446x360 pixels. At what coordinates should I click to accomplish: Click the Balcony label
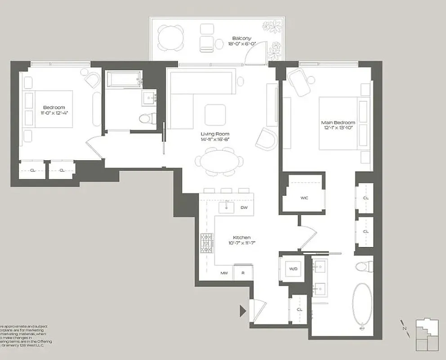coord(241,39)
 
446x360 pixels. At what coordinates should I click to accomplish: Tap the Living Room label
coord(215,134)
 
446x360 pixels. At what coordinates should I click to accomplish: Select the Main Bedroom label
coord(338,123)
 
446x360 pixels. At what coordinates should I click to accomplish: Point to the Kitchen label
coord(241,238)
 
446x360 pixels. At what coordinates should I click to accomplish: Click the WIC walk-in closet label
coord(304,198)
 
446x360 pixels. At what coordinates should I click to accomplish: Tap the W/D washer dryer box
coord(293,269)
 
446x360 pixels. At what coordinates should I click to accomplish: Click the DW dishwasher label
coord(244,207)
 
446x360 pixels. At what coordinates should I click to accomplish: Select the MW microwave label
coord(223,273)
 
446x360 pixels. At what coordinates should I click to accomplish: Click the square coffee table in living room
coord(215,114)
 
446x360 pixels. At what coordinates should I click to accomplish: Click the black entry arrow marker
coord(243,310)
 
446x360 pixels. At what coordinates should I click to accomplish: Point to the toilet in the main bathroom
coord(362,266)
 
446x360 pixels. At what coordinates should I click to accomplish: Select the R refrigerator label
coord(242,273)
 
